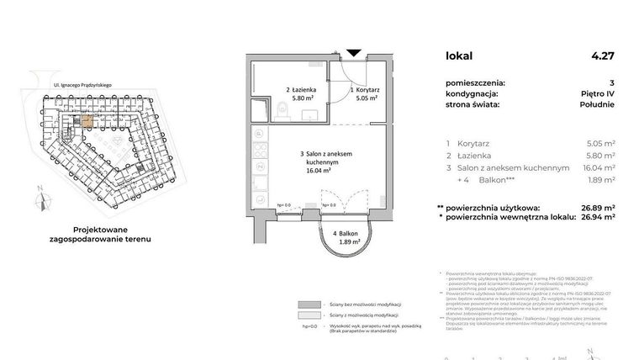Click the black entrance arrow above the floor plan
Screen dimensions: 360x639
click(354, 53)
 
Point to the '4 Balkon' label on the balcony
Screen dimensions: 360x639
click(346, 236)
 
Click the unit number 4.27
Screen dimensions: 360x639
click(602, 56)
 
